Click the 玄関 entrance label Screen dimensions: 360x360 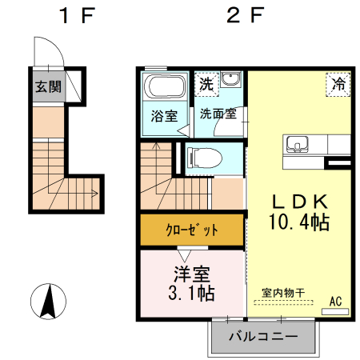click(47, 87)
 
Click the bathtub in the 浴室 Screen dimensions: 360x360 click(164, 89)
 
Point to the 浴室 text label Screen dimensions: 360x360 click(164, 115)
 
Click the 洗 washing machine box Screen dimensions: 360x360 click(206, 83)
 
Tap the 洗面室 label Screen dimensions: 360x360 click(218, 113)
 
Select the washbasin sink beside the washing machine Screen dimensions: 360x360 click(231, 81)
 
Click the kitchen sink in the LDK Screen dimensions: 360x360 click(298, 145)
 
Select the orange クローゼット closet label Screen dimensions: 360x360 click(191, 230)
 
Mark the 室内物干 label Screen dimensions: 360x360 click(282, 293)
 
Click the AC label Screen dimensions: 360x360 click(336, 302)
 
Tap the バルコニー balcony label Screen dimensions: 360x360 click(263, 336)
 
